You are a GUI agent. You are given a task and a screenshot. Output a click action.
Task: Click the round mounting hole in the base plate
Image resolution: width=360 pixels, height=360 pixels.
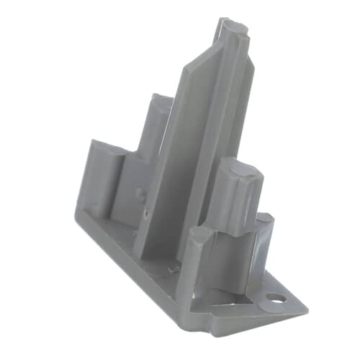coord(274,296)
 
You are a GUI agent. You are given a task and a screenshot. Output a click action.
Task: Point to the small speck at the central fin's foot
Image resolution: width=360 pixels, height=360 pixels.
coord(171,268)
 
